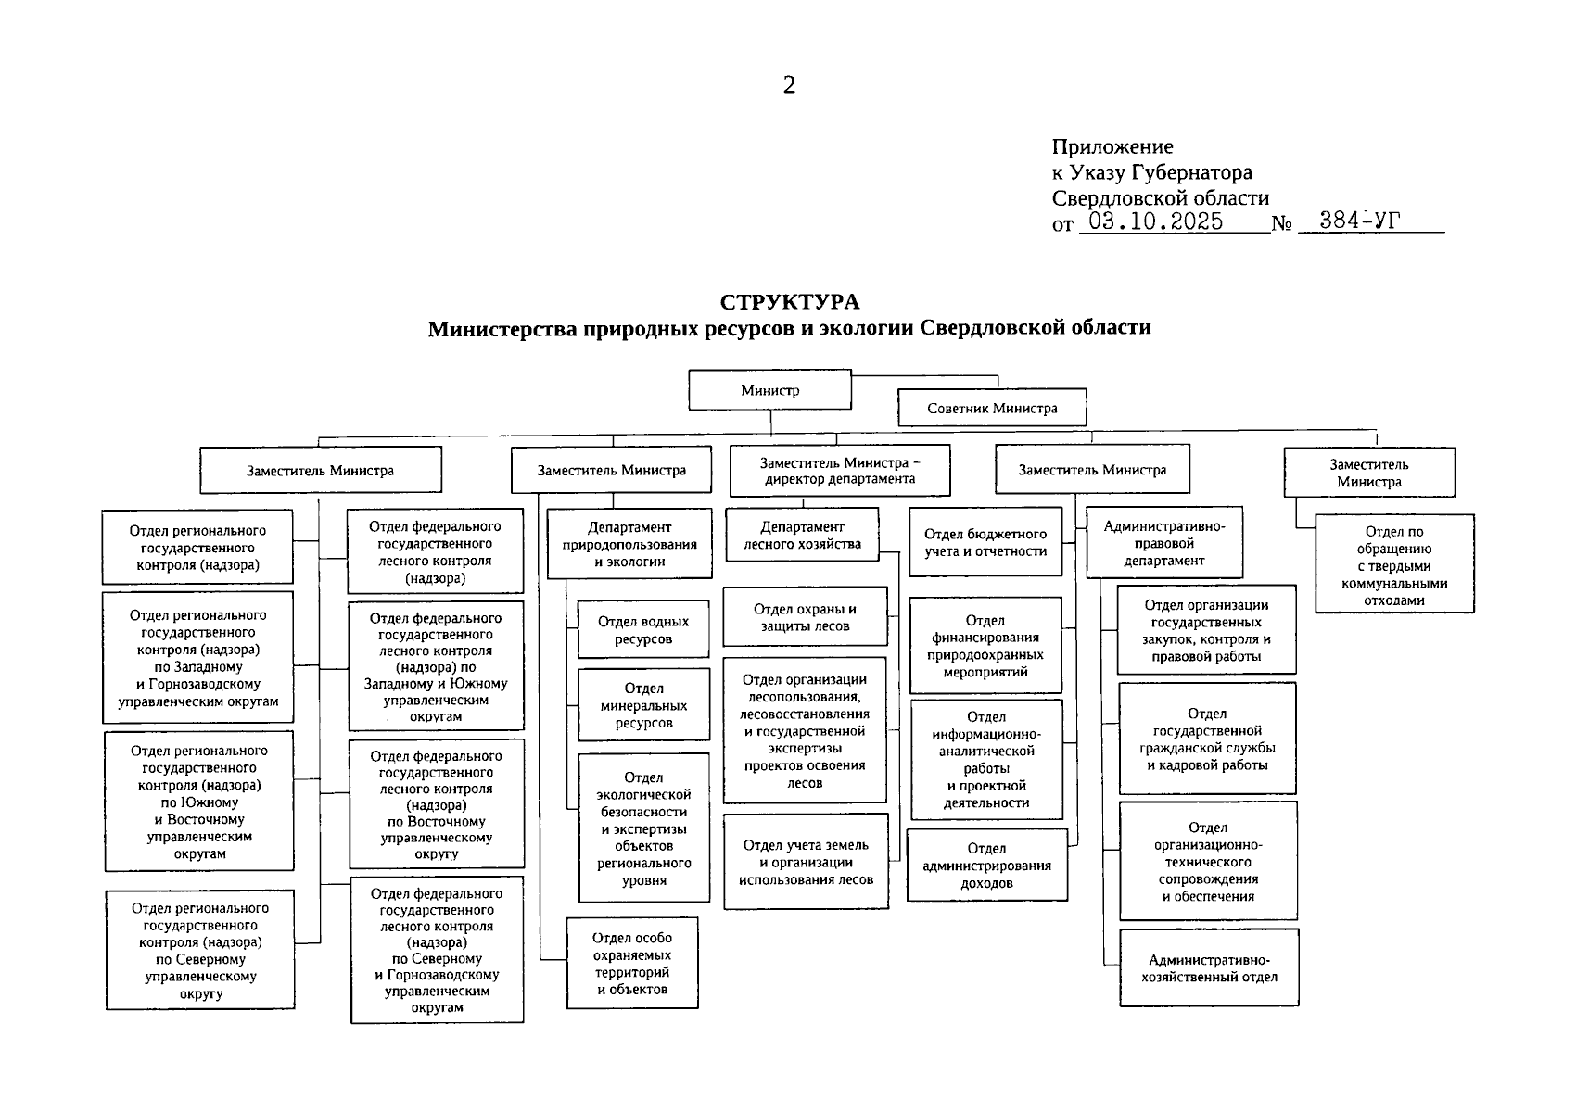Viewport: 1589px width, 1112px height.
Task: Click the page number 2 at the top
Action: tap(789, 85)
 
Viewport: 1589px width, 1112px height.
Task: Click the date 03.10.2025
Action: tap(1155, 221)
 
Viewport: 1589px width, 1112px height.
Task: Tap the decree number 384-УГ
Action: tap(1360, 221)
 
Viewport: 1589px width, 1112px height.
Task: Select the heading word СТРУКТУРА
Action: tap(789, 302)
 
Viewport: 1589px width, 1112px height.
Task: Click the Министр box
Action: tap(769, 390)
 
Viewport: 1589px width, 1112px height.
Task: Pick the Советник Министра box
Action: tap(991, 408)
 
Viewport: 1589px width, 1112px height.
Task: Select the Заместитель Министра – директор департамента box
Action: tap(840, 471)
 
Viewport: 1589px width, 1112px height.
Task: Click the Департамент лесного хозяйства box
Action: tap(802, 536)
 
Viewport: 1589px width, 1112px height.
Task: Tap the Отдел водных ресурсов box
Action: tap(643, 630)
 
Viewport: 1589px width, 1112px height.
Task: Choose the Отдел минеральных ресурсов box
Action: tap(643, 705)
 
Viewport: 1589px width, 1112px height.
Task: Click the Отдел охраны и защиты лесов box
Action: tap(805, 617)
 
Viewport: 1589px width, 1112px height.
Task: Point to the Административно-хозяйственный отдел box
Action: tap(1209, 968)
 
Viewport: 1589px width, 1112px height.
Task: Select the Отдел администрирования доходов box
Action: tap(986, 866)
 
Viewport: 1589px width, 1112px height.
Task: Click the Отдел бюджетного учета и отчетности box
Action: tap(985, 542)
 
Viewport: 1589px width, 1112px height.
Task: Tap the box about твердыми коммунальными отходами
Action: tap(1393, 564)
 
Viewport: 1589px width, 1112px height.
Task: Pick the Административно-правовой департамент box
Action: tap(1163, 543)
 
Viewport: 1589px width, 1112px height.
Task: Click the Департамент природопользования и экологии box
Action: tap(629, 544)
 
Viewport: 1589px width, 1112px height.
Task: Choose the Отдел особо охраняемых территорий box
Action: tap(632, 964)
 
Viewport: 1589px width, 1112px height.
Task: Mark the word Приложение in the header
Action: tap(1112, 146)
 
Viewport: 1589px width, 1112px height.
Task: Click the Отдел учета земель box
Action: tap(806, 862)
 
